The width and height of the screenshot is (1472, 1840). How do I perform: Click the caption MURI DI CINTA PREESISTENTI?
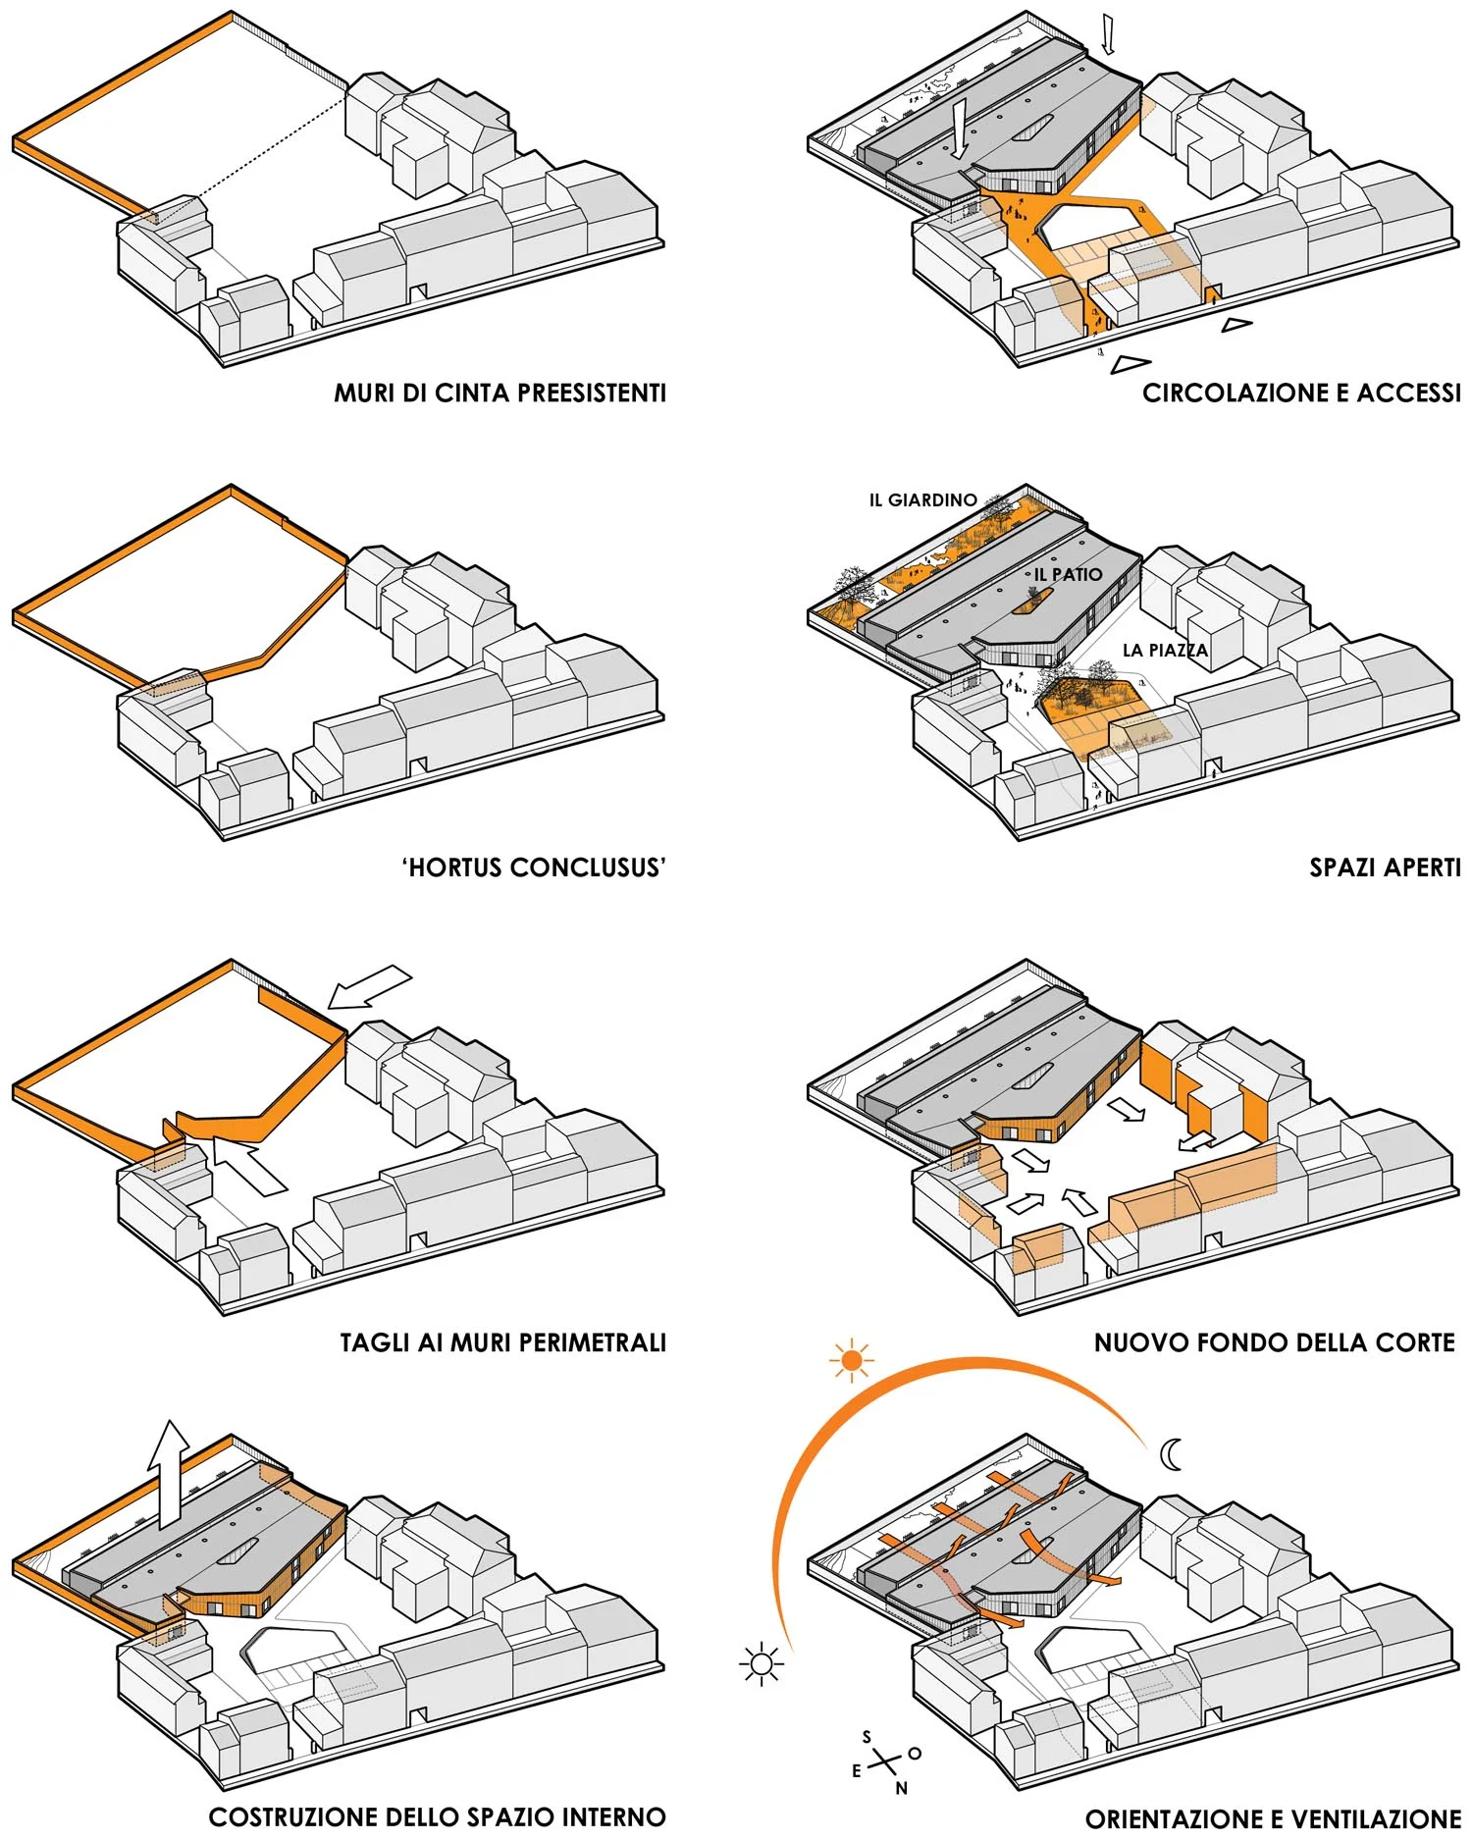coord(499,393)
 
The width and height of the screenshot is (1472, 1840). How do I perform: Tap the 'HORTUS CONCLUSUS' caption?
coord(534,867)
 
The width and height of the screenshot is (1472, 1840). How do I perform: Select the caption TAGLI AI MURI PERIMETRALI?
coord(502,1341)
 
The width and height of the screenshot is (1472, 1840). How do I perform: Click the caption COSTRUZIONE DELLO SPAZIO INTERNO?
coord(437,1816)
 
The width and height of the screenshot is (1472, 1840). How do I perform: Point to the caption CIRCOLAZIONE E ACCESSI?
coord(1301,393)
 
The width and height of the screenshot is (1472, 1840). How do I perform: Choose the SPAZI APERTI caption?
coord(1385,867)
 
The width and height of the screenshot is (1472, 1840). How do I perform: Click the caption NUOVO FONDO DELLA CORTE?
coord(1274,1341)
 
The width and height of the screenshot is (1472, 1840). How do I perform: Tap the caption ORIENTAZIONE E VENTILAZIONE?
coord(1273,1817)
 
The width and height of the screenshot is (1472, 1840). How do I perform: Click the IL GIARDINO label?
coord(922,500)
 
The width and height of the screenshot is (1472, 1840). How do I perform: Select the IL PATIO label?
coord(1068,574)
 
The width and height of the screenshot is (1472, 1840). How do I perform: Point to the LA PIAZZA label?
coord(1165,650)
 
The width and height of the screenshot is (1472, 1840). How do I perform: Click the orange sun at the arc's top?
coord(851,1360)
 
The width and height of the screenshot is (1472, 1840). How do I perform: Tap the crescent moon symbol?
coord(1171,1454)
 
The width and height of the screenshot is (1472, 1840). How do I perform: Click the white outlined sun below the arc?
coord(762,1662)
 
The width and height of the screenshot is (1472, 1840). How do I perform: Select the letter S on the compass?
coord(867,1737)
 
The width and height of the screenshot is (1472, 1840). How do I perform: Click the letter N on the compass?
coord(901,1788)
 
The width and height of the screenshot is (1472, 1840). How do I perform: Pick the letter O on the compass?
coord(915,1753)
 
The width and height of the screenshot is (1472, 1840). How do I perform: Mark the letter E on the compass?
coord(857,1771)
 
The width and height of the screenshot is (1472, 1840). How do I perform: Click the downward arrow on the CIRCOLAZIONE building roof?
coord(959,128)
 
